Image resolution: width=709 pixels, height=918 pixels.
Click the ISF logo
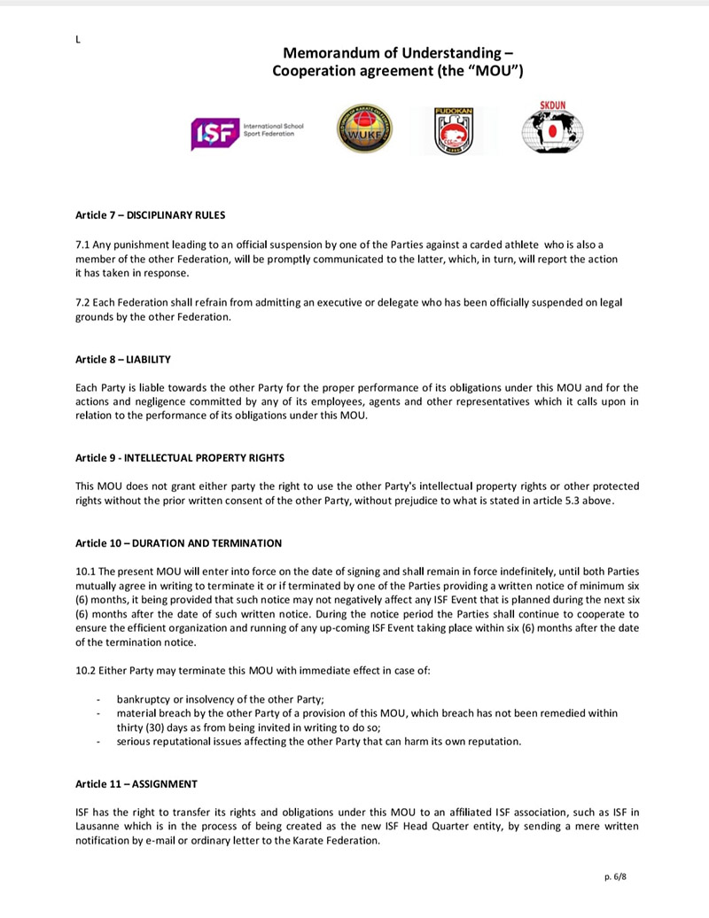[247, 133]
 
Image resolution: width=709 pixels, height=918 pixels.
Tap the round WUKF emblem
[364, 129]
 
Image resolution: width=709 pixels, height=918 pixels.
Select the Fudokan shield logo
[453, 130]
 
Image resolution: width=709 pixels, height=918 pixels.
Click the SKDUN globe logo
[551, 128]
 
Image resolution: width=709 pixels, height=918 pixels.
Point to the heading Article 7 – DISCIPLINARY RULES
[151, 214]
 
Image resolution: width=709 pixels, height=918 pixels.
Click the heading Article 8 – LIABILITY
[123, 360]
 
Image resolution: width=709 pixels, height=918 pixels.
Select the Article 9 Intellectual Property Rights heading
[180, 457]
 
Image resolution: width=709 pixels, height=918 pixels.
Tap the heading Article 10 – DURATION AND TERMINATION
[179, 542]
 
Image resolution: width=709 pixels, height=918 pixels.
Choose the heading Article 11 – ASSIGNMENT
[136, 784]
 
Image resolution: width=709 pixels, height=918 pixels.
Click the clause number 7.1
[83, 244]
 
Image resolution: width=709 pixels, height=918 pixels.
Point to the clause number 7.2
[83, 302]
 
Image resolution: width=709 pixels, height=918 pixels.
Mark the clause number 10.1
[86, 571]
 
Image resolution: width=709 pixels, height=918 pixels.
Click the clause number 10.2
[86, 670]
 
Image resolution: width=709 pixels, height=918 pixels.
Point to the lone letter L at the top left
[78, 40]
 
